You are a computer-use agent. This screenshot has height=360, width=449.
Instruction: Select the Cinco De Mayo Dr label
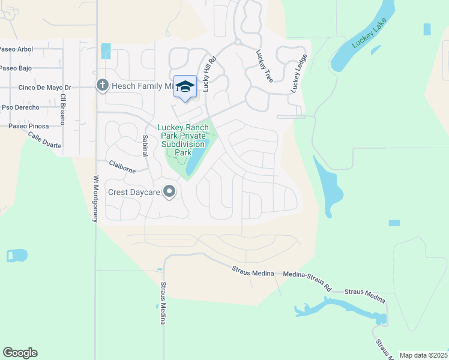(45, 88)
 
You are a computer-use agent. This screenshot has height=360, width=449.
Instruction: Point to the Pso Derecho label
(20, 107)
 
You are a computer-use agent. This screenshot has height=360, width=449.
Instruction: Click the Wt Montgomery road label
(95, 199)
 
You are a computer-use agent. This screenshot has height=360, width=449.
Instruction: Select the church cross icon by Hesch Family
(102, 86)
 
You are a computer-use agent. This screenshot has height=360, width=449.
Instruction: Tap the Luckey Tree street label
(262, 66)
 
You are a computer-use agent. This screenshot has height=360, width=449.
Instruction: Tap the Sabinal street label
(145, 145)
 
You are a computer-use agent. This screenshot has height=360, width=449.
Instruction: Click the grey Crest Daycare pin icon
(170, 192)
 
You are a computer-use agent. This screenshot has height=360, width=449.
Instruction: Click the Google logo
(20, 353)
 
